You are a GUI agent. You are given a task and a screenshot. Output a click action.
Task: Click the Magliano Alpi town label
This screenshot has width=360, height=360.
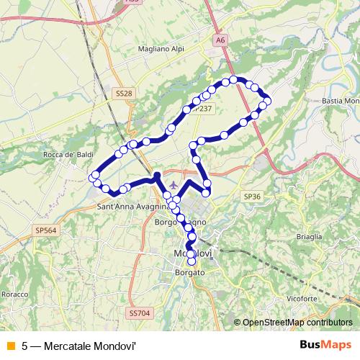(x=161, y=50)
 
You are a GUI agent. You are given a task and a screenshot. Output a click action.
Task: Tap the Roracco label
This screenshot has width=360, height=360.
(x=14, y=294)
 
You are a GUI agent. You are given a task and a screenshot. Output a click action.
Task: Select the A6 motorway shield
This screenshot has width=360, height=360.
(x=220, y=41)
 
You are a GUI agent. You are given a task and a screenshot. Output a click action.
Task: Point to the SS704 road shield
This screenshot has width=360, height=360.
(x=140, y=313)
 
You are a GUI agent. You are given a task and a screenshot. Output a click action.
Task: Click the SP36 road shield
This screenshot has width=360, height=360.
(x=251, y=196)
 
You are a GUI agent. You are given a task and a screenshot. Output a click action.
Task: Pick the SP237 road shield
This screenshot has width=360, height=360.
(x=202, y=108)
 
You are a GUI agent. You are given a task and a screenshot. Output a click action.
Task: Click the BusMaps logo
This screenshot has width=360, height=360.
(x=326, y=344)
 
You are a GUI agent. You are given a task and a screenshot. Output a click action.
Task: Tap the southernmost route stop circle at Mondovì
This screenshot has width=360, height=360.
(x=192, y=261)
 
